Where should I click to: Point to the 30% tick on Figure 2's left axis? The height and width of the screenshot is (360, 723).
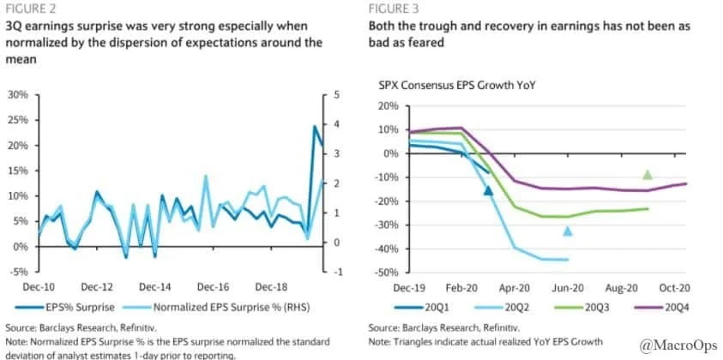click(x=17, y=94)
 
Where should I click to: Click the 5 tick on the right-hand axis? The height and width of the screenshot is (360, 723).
click(x=337, y=94)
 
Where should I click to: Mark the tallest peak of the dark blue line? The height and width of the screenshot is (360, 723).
click(x=314, y=127)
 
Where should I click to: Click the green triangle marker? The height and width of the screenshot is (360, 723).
click(x=648, y=175)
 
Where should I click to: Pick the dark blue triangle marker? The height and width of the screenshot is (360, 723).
click(x=488, y=190)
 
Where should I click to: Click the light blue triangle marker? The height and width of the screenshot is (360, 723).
click(x=567, y=231)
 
